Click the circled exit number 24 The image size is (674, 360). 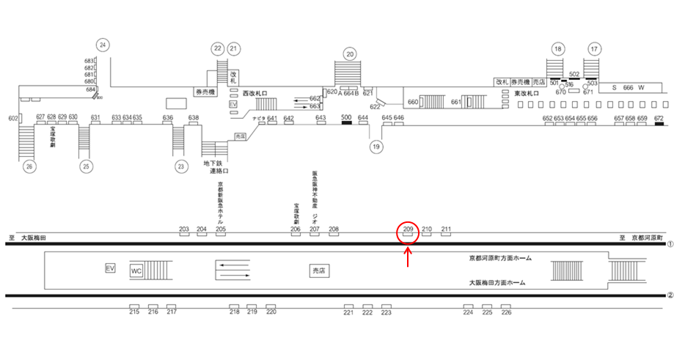click(x=103, y=45)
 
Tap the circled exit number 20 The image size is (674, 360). click(x=350, y=53)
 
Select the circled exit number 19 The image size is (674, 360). click(x=377, y=147)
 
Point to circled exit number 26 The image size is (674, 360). click(x=30, y=166)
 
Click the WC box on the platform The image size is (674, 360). click(x=136, y=271)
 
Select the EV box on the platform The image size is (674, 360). click(x=111, y=268)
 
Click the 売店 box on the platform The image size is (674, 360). click(x=318, y=271)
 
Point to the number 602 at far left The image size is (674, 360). click(x=12, y=118)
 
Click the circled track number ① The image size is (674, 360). click(x=669, y=243)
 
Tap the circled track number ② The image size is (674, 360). click(x=669, y=296)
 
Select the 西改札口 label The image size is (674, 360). click(x=254, y=93)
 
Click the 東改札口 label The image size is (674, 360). click(x=527, y=94)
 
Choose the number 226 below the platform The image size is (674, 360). click(x=506, y=312)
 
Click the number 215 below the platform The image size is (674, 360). click(x=134, y=312)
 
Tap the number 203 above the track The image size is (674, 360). click(x=184, y=229)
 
